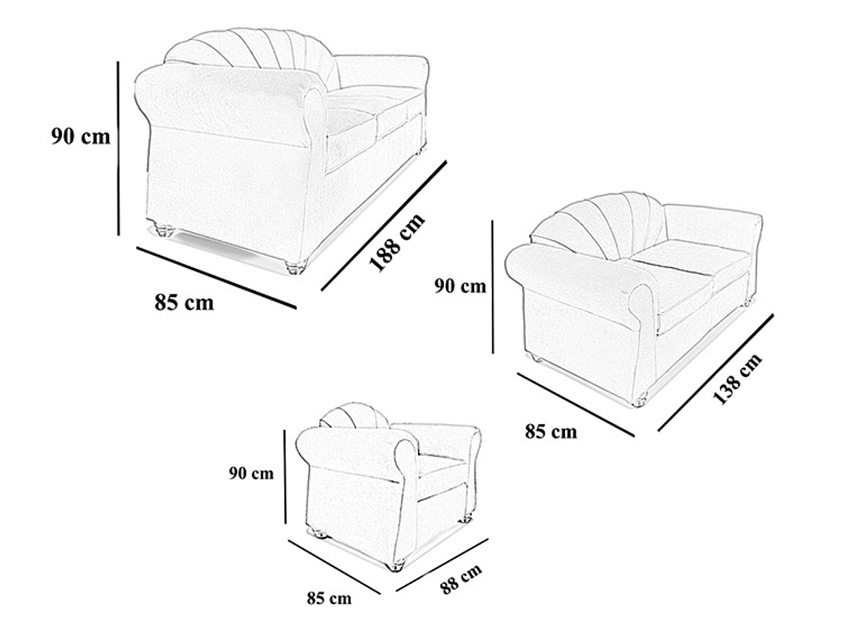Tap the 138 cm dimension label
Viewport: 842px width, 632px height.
pyautogui.click(x=736, y=380)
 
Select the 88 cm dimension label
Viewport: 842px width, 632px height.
pyautogui.click(x=461, y=579)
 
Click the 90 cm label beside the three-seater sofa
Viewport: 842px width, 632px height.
pyautogui.click(x=81, y=137)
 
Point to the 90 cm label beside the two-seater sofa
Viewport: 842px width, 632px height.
pyautogui.click(x=459, y=286)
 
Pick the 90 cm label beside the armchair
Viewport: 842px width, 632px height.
pyautogui.click(x=250, y=474)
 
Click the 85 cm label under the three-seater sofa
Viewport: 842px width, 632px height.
pyautogui.click(x=184, y=302)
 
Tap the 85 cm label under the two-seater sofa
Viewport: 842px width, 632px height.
pyautogui.click(x=551, y=431)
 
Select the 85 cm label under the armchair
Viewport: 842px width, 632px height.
pyautogui.click(x=329, y=597)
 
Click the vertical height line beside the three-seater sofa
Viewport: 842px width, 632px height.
pyautogui.click(x=118, y=148)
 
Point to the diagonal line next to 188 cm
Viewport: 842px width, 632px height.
pyautogui.click(x=384, y=225)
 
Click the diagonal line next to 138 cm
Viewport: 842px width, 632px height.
pyautogui.click(x=715, y=372)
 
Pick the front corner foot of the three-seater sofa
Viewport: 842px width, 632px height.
pyautogui.click(x=295, y=266)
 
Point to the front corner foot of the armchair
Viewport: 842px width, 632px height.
pyautogui.click(x=396, y=567)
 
